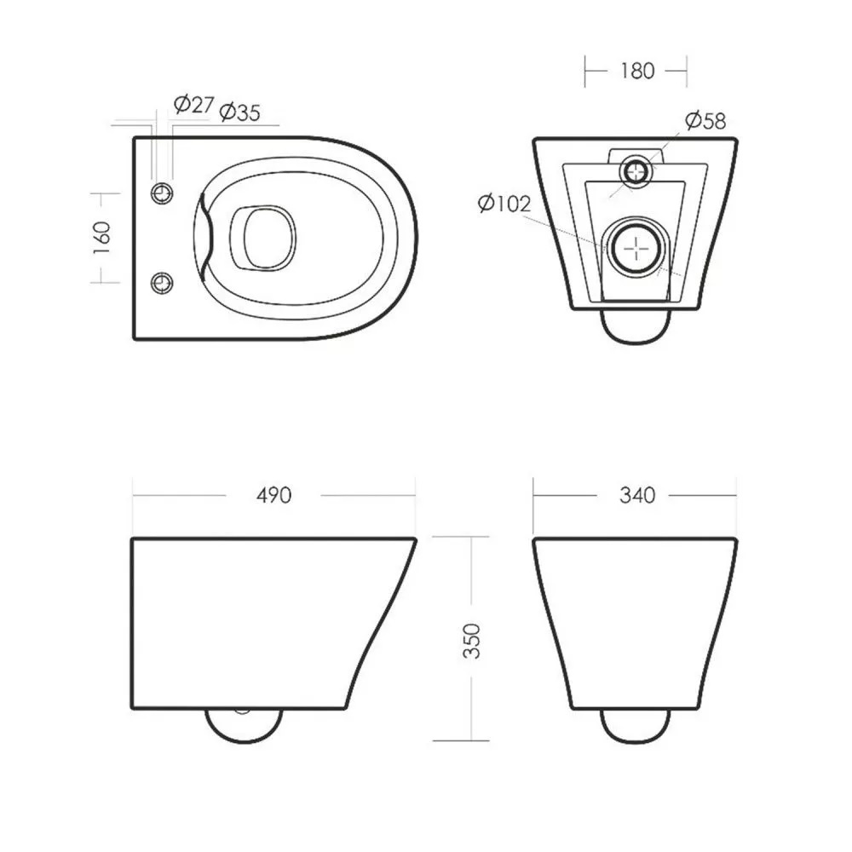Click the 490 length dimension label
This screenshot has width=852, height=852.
pos(273,495)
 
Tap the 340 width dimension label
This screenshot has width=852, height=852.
pos(637,495)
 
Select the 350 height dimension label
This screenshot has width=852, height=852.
pos(472,642)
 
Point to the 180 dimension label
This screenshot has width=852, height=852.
pos(637,71)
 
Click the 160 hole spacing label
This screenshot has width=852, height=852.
pos(101,238)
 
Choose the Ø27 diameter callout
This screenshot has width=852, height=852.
pos(194,104)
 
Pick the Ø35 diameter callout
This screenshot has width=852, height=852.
pos(239,112)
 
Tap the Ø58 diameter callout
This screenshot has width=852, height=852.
pos(705,121)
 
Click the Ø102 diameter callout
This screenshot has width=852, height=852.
pos(504,204)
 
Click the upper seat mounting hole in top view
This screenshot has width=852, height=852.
pos(161,193)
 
